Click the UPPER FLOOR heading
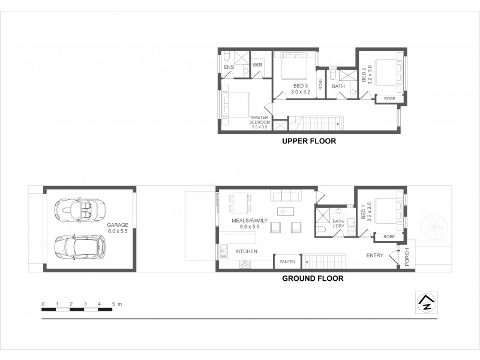pos(308,142)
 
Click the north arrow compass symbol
pos(427,302)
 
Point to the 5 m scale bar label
pos(115,305)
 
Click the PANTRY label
pos(287,262)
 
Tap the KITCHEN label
pos(246,251)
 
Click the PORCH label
pos(406,257)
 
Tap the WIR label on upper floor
pos(257,65)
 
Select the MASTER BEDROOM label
pos(259,121)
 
